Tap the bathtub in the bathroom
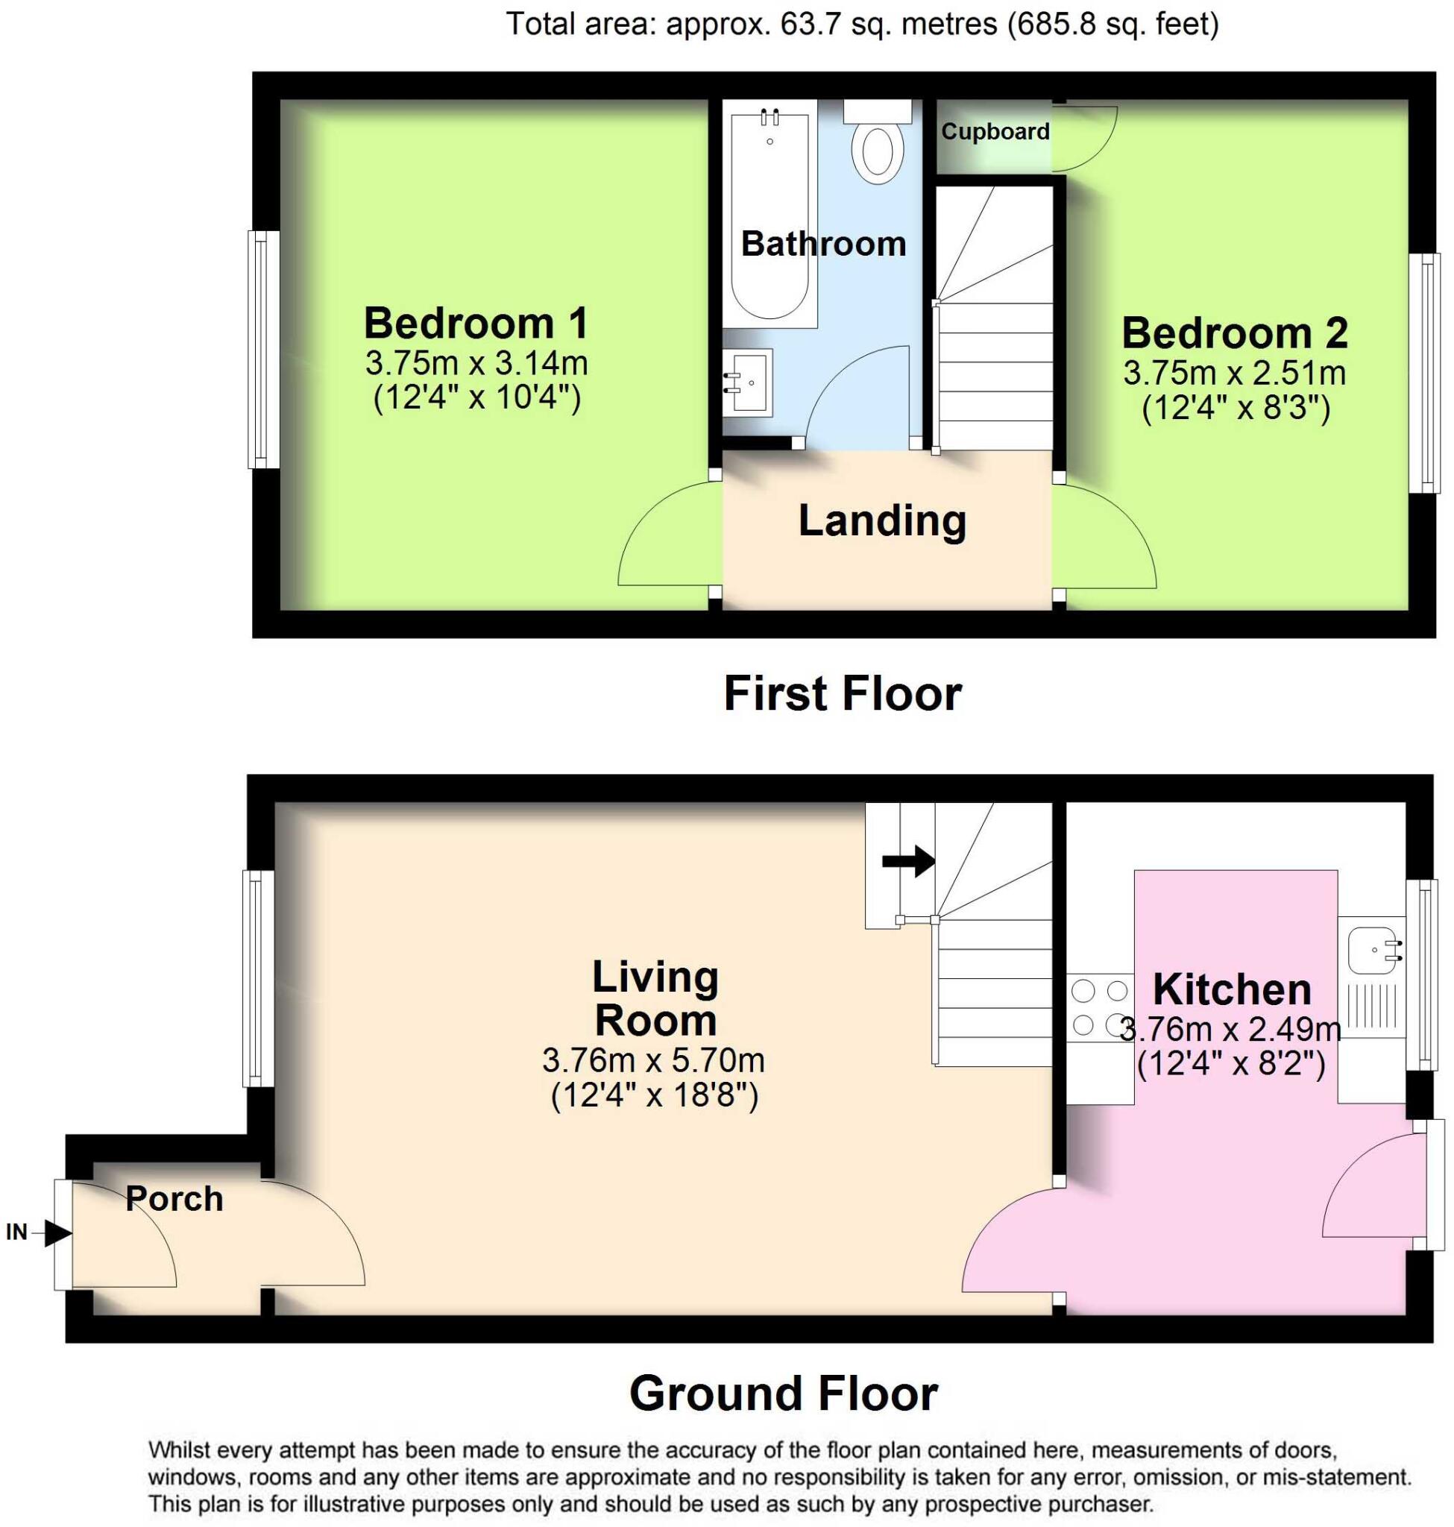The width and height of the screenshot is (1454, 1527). [770, 217]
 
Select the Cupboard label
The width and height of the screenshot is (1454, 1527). [995, 132]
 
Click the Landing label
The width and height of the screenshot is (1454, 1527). [882, 521]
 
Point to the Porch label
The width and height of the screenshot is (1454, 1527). [174, 1199]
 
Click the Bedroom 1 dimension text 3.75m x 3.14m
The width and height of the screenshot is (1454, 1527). [476, 363]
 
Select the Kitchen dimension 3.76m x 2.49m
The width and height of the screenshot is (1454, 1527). [1231, 1030]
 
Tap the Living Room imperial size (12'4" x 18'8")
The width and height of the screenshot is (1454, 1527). [654, 1096]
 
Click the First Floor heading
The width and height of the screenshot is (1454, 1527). [843, 693]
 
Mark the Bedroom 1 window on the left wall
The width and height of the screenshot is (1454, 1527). [262, 350]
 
